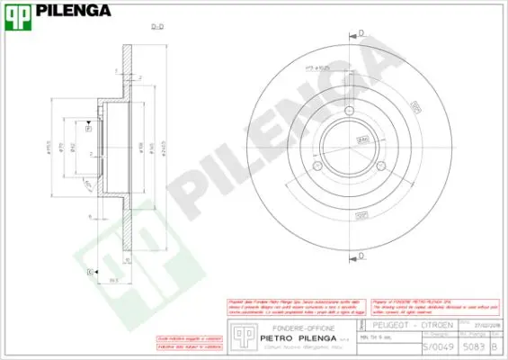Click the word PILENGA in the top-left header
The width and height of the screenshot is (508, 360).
coord(73,12)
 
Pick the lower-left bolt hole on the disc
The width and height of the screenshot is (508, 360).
coord(317,166)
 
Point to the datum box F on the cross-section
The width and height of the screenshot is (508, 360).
coord(88,129)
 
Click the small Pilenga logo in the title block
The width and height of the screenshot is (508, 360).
coord(240,335)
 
